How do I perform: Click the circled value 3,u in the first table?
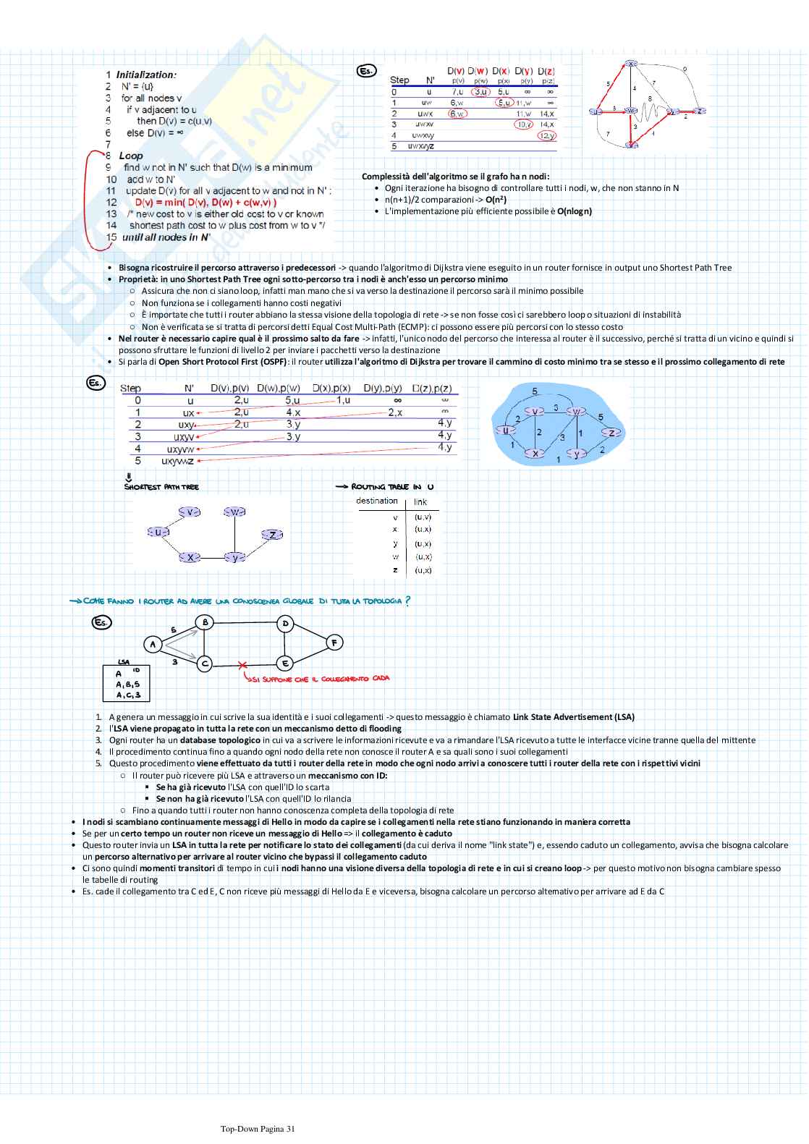480,92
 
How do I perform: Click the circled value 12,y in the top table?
547,135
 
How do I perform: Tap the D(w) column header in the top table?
477,71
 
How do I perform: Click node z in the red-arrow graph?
699,111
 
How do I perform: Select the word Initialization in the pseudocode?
146,75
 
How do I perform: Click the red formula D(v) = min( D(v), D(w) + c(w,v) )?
206,203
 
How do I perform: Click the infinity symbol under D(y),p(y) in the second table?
397,399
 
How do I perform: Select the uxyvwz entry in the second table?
178,461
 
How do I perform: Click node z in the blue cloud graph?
612,433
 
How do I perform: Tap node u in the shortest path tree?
158,533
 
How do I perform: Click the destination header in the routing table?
377,501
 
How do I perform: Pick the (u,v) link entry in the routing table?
423,517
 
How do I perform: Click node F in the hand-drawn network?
334,642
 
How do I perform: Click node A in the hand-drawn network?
153,643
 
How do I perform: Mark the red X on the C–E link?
242,664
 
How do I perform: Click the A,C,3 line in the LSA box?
128,695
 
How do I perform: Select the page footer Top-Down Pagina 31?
258,1128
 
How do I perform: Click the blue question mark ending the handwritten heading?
407,601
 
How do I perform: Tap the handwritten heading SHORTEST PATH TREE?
161,487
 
